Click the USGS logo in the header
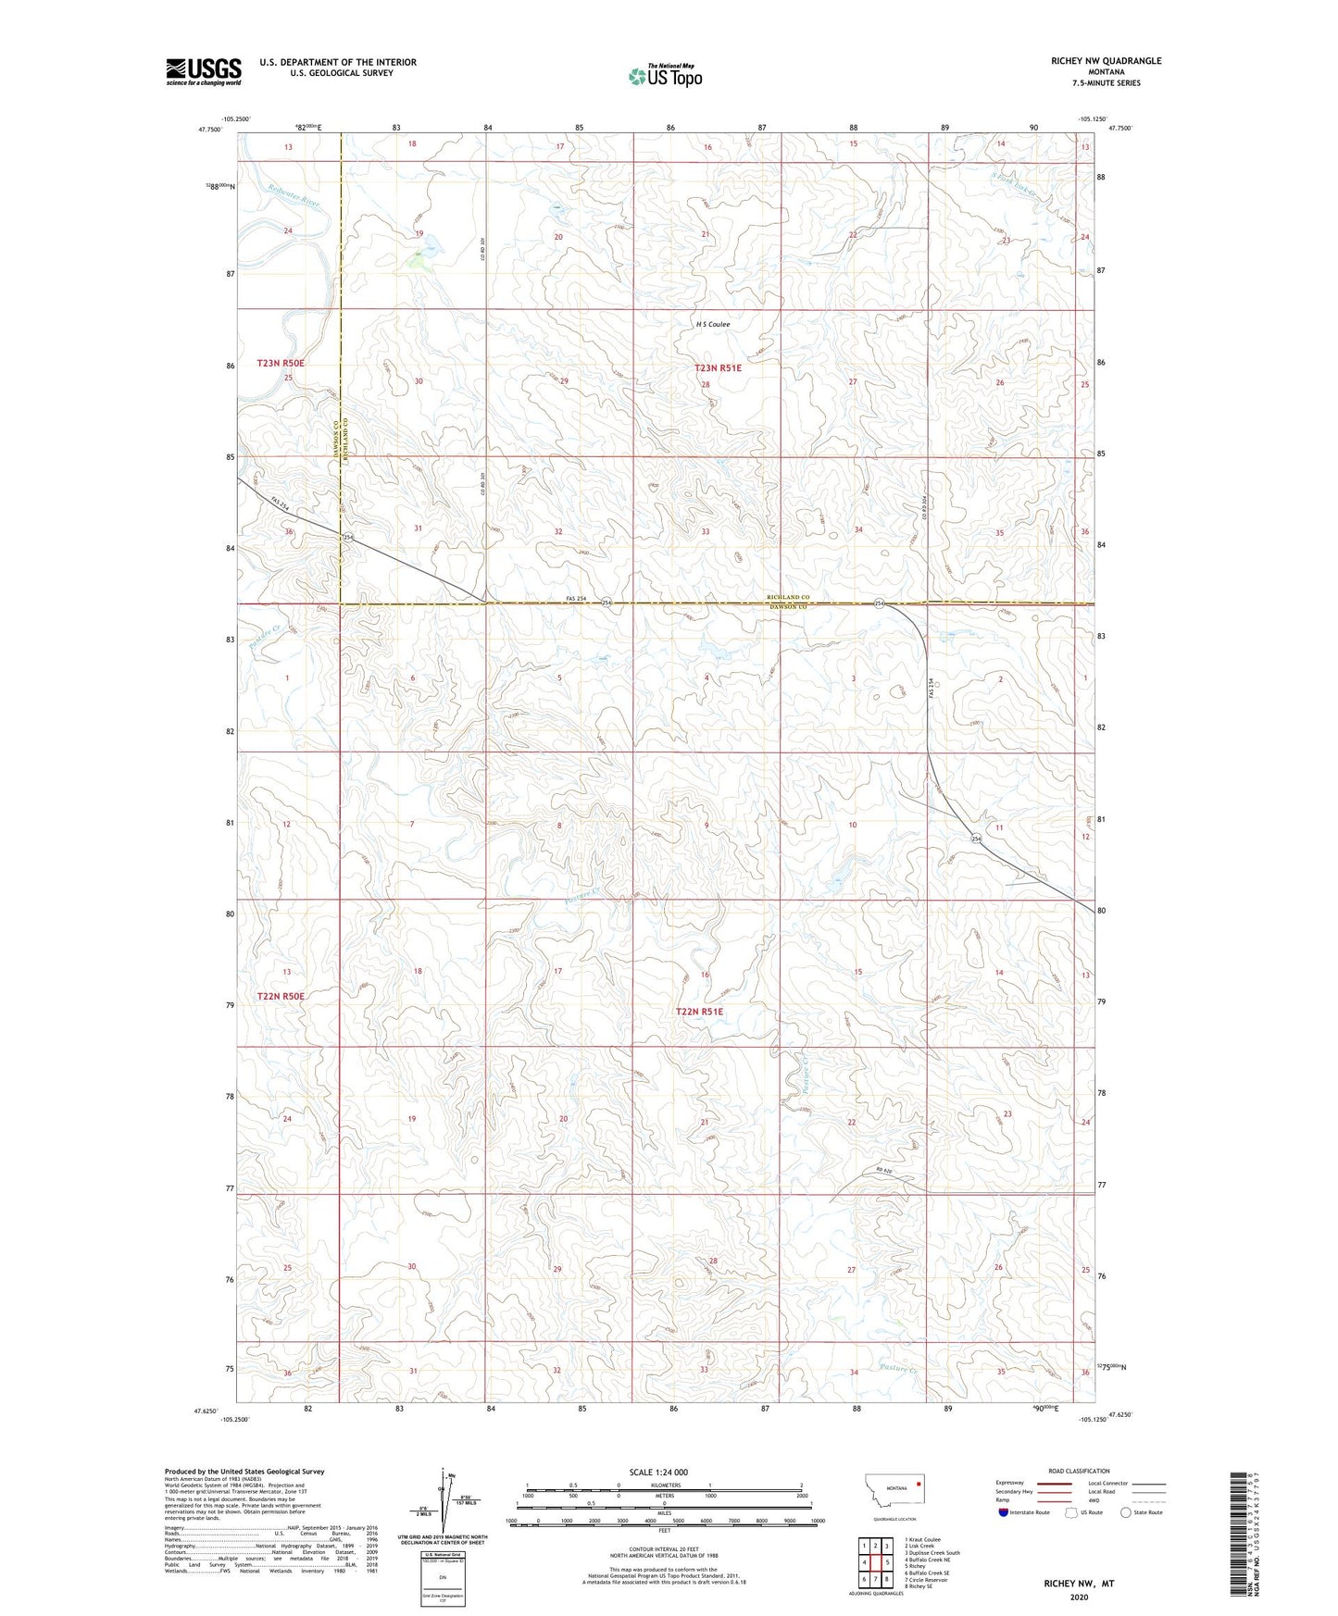203,70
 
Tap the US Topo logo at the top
664,76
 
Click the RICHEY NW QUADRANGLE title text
1106,61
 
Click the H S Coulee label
713,325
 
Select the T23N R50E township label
281,364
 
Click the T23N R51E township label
719,367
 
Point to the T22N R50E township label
281,996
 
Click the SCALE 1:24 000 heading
658,1472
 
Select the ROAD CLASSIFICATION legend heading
1079,1471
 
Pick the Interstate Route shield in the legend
1005,1512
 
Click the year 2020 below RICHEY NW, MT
1078,1597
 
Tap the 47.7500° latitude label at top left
209,131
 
